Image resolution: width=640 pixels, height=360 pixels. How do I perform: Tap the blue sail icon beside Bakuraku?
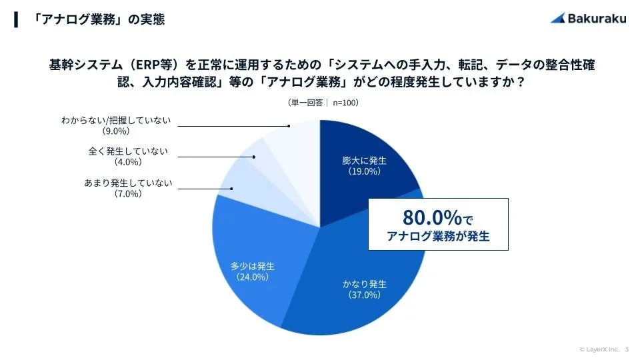click(558, 19)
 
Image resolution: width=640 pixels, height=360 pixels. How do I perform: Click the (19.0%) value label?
click(365, 171)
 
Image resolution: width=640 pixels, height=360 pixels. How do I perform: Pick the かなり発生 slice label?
click(364, 284)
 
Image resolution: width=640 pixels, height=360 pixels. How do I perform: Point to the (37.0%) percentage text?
click(364, 295)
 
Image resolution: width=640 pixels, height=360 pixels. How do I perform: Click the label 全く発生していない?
click(128, 151)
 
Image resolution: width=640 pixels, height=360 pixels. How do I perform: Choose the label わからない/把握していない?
click(116, 120)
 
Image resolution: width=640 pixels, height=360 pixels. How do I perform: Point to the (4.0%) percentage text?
click(128, 161)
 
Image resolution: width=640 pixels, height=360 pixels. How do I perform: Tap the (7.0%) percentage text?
click(128, 194)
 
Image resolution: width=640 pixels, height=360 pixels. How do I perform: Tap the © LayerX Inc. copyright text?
click(599, 349)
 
